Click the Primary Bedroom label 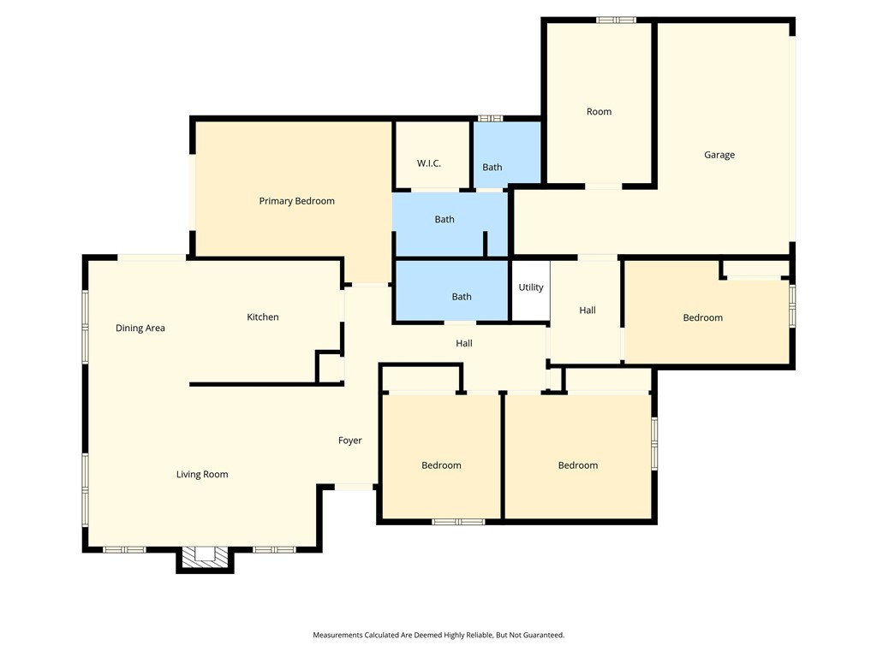296,201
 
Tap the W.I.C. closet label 429,163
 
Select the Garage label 719,155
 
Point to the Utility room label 531,287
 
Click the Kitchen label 263,317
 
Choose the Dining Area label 140,328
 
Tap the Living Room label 202,474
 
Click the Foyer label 350,441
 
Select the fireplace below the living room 206,557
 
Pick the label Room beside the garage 599,112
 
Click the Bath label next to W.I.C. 492,167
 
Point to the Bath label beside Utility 462,297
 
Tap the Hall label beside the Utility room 588,310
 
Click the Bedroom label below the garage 703,318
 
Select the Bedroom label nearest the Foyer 441,465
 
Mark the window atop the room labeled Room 616,21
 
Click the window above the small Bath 491,118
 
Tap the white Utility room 531,291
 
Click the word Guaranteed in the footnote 543,636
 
